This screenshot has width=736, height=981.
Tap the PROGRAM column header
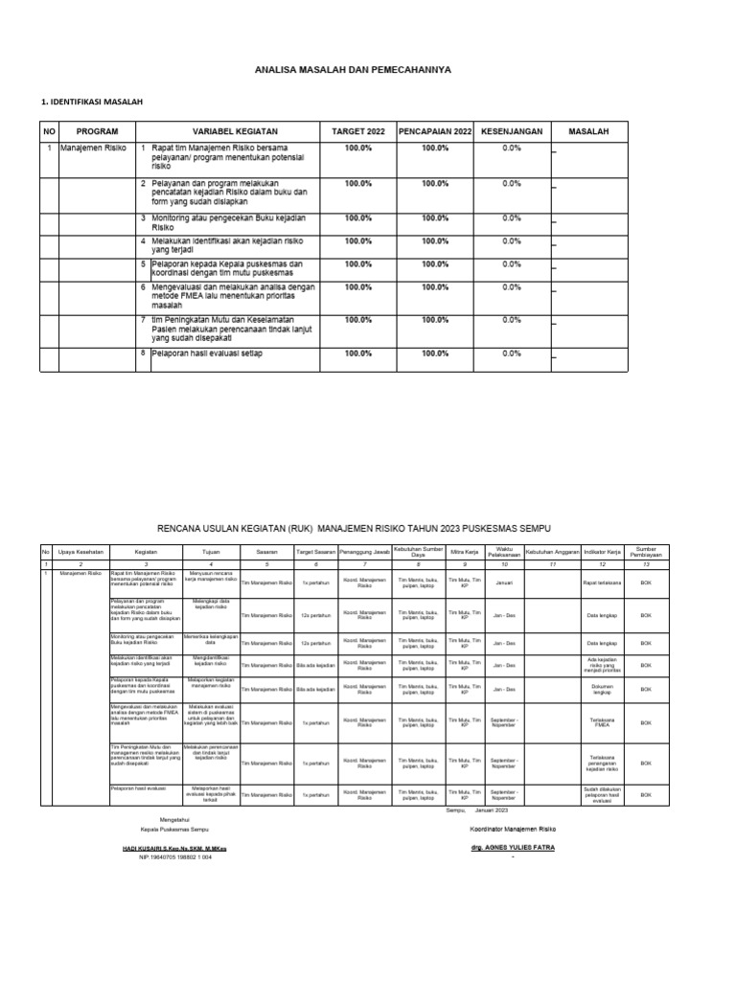click(97, 131)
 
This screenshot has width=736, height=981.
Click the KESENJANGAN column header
click(512, 131)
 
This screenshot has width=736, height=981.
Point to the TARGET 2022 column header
click(357, 131)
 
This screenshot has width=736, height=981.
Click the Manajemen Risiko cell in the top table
click(93, 148)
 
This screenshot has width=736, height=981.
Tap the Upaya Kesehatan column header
click(80, 553)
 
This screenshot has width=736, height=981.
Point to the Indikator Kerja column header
click(603, 553)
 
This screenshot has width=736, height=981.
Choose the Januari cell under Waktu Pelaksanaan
click(504, 582)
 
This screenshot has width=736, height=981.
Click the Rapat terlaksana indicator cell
click(603, 582)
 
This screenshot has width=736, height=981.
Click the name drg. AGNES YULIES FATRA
click(512, 848)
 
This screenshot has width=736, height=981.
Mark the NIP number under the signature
click(175, 857)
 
